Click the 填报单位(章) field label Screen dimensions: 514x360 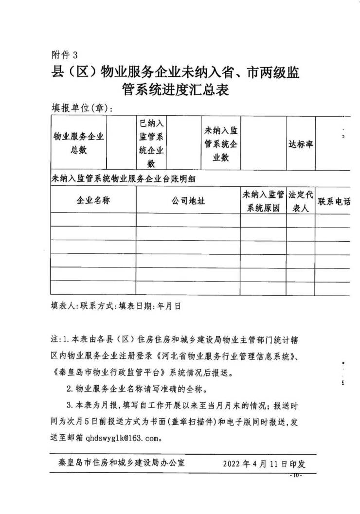(82, 107)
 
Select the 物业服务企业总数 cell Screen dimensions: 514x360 (78, 143)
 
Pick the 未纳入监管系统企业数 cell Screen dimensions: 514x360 (221, 144)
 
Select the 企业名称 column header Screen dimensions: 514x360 (93, 200)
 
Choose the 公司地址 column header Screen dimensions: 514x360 (188, 200)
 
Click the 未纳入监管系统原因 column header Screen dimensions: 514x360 (263, 201)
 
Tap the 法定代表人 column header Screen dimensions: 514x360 (300, 201)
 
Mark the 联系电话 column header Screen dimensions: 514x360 (334, 201)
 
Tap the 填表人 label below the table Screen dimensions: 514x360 (62, 307)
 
